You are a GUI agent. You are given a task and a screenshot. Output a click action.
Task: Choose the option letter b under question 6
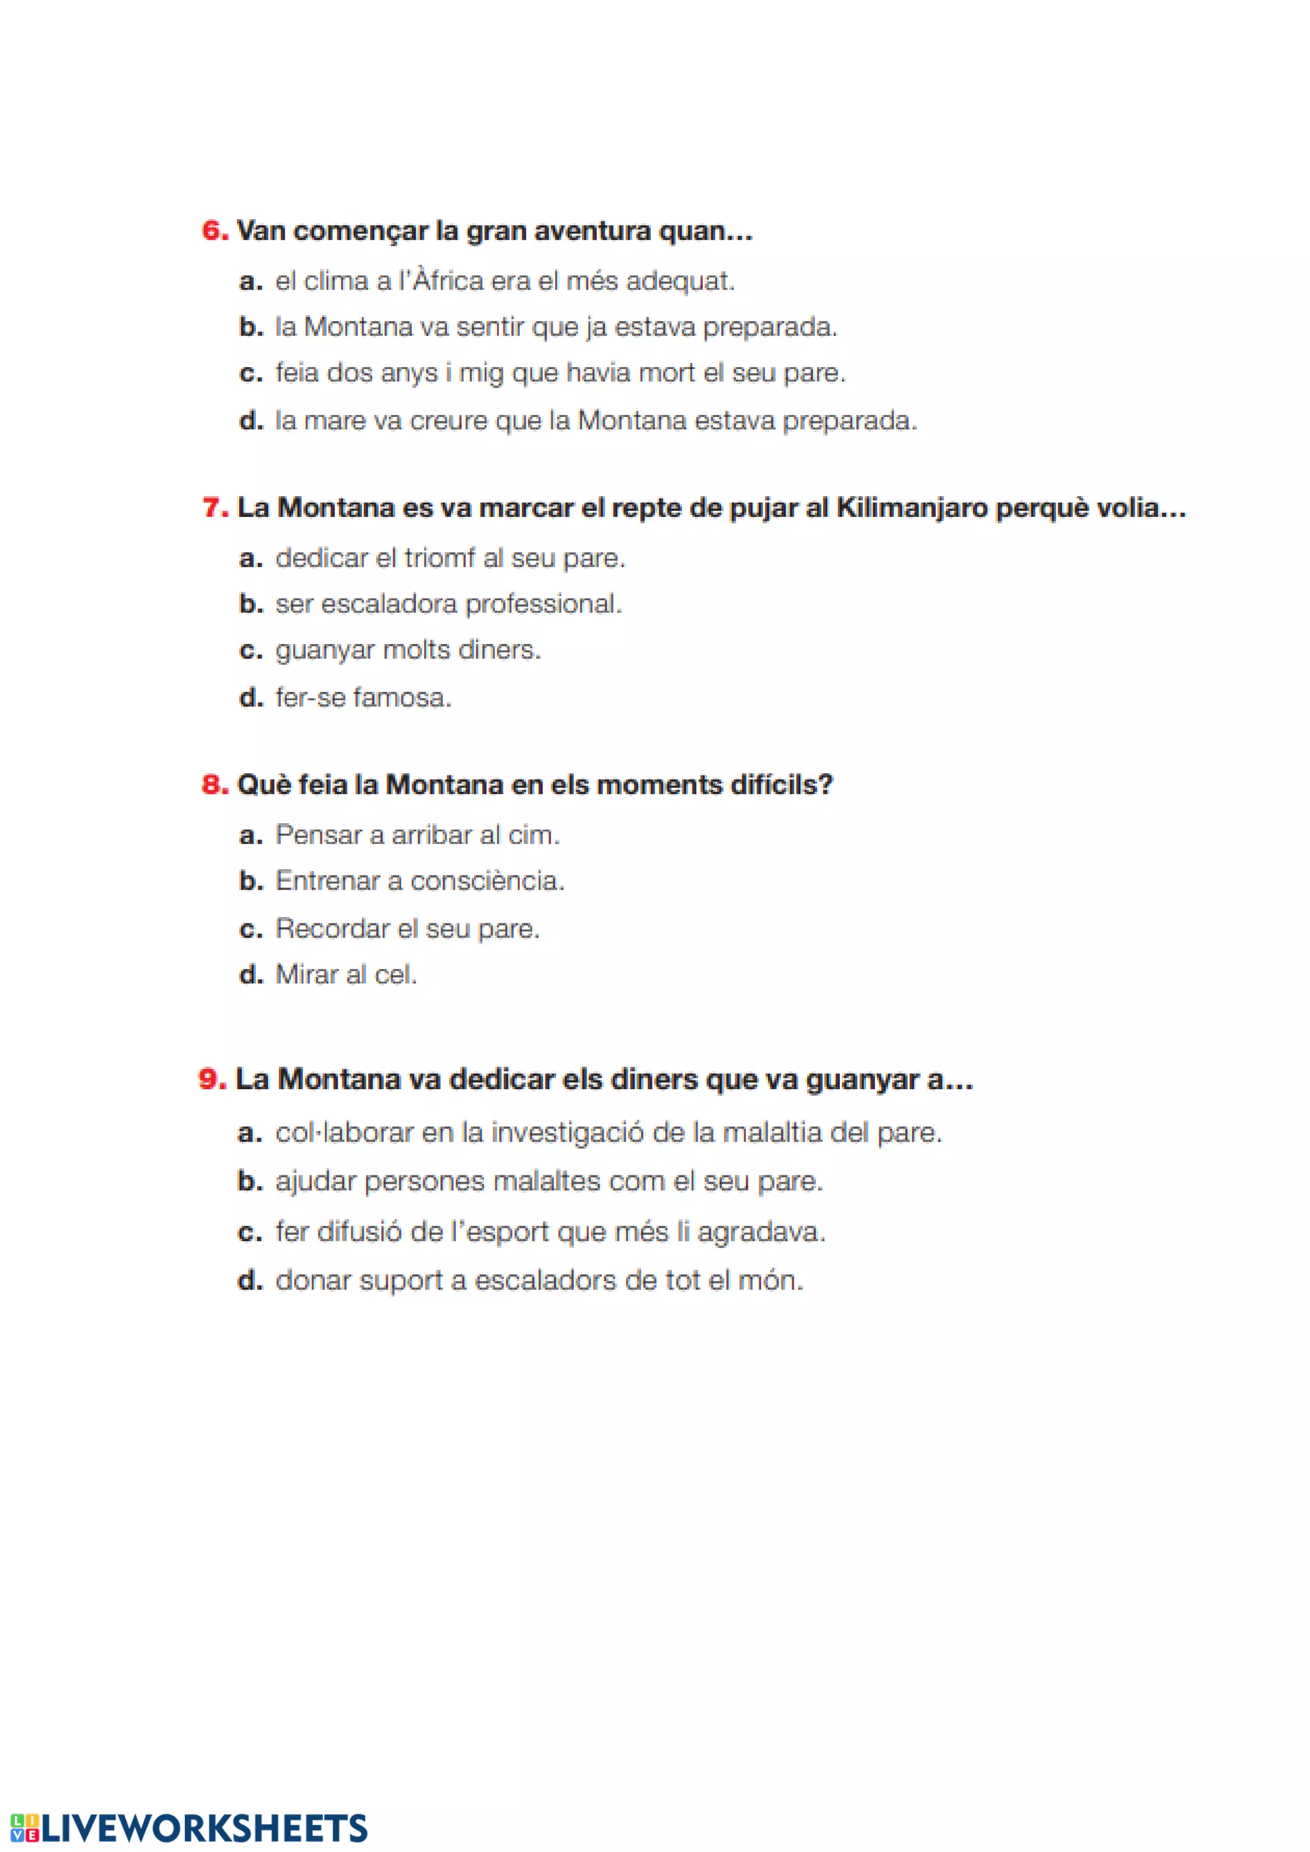pos(251,327)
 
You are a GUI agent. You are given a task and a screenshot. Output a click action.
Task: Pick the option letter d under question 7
pos(251,697)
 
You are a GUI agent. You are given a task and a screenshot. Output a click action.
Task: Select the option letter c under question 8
pos(251,929)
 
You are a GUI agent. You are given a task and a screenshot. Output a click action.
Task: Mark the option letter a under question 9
pos(249,1133)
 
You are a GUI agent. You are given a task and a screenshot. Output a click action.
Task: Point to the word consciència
pos(487,880)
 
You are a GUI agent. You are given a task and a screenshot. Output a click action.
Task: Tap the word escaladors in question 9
pos(545,1280)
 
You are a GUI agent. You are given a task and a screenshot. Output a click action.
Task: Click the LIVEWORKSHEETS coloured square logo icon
pos(24,1828)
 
